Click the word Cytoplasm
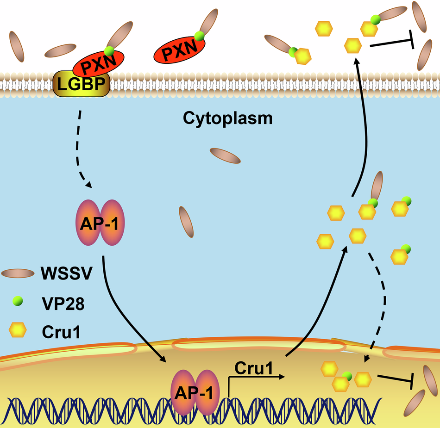[x=227, y=118]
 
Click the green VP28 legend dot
[x=18, y=301]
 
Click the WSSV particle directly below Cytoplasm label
[x=225, y=156]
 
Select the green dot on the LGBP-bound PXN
[x=109, y=50]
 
